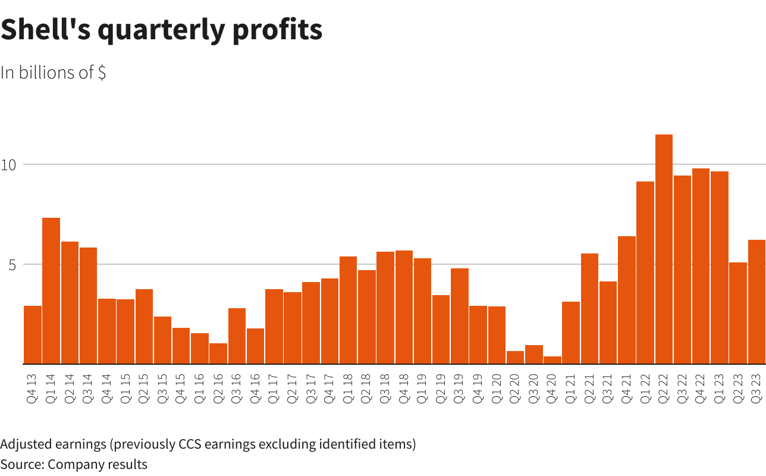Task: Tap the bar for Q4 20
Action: coord(552,360)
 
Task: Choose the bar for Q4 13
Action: coord(33,334)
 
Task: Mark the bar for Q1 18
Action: coord(348,309)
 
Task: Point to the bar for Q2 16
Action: coord(218,353)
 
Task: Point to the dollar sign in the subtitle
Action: coord(102,73)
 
